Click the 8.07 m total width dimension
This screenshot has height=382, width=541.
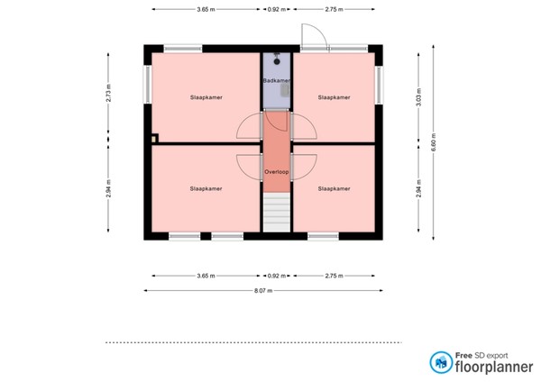pyautogui.click(x=262, y=291)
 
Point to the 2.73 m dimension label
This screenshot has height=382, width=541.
pyautogui.click(x=108, y=94)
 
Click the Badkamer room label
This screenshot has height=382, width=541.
pyautogui.click(x=276, y=81)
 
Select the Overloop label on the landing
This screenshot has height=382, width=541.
pyautogui.click(x=276, y=170)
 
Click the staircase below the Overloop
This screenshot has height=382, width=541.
pyautogui.click(x=276, y=214)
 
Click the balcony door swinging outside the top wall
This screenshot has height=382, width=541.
pyautogui.click(x=313, y=34)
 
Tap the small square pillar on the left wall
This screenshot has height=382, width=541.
pyautogui.click(x=155, y=139)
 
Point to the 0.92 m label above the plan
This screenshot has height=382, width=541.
pyautogui.click(x=276, y=8)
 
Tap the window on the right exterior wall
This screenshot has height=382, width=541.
pyautogui.click(x=380, y=84)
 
